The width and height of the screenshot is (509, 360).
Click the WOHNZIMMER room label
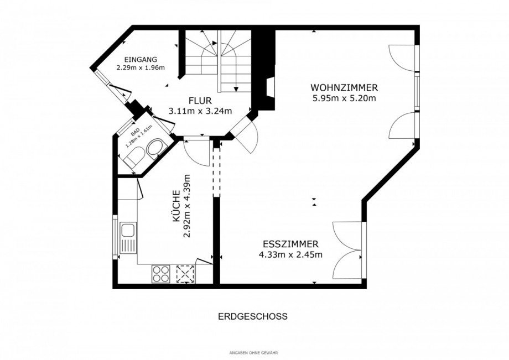click(x=344, y=88)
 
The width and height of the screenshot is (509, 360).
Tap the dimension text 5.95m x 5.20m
click(x=344, y=98)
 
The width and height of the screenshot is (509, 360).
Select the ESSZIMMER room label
click(x=290, y=244)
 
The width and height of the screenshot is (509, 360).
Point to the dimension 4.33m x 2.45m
click(x=290, y=254)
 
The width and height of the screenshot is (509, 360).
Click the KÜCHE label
click(x=175, y=206)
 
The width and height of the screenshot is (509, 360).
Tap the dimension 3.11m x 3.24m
click(x=200, y=111)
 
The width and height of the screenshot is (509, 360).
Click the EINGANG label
click(x=141, y=59)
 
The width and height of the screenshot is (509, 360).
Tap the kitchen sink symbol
click(x=128, y=238)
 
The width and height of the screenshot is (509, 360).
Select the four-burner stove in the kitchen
click(x=161, y=273)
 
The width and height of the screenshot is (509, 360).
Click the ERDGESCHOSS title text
click(x=252, y=317)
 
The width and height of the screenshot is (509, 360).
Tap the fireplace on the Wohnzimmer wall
click(x=270, y=87)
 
